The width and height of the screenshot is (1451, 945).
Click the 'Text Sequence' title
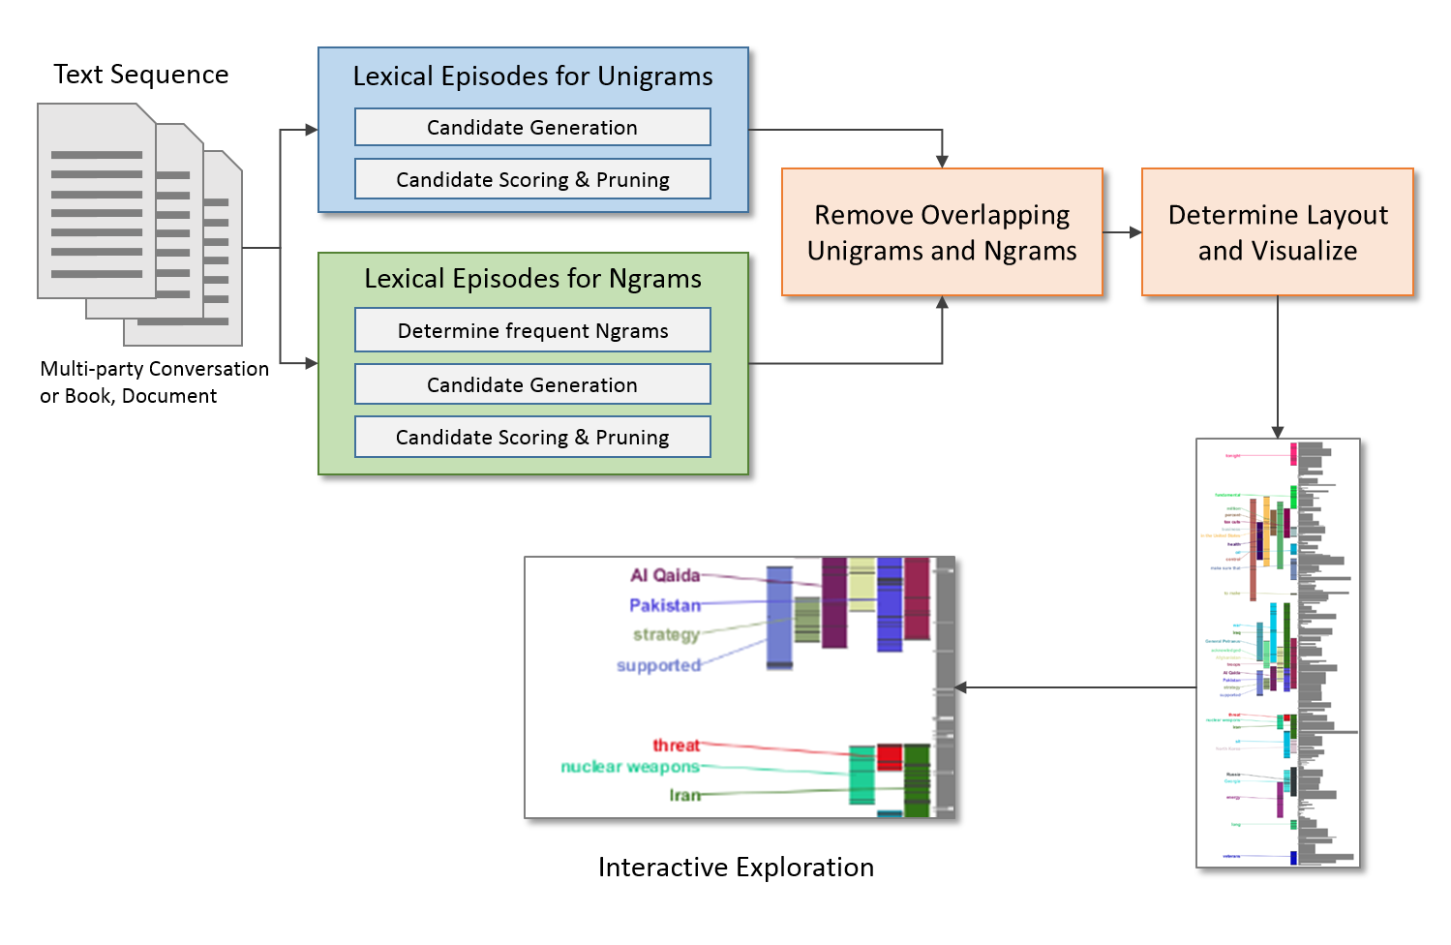(141, 75)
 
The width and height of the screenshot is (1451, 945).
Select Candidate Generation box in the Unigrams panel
(532, 127)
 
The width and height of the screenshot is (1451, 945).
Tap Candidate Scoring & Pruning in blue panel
(532, 179)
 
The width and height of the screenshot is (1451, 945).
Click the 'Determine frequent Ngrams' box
(532, 330)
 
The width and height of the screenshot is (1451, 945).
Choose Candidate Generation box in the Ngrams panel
(532, 384)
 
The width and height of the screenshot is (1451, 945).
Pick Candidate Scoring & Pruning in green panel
(532, 437)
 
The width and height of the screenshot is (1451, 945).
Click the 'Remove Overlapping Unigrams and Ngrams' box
(942, 232)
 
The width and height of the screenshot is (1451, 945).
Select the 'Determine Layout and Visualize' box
(1277, 232)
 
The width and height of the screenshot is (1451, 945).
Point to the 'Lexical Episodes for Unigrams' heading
(532, 76)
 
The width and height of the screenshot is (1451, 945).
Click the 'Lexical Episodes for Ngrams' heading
(532, 279)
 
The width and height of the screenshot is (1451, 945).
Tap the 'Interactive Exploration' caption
(736, 867)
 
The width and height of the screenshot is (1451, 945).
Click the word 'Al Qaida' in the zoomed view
(665, 575)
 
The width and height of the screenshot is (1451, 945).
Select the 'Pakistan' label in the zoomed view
(665, 605)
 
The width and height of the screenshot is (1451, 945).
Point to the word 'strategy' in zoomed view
(666, 634)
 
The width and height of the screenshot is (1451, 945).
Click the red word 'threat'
(676, 745)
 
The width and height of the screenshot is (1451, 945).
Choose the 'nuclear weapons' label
(630, 767)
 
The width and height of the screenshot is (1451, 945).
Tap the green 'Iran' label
(684, 795)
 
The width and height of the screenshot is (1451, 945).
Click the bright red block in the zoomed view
(890, 756)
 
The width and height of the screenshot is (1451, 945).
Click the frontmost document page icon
(96, 201)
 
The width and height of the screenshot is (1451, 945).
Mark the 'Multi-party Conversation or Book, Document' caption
(154, 382)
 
